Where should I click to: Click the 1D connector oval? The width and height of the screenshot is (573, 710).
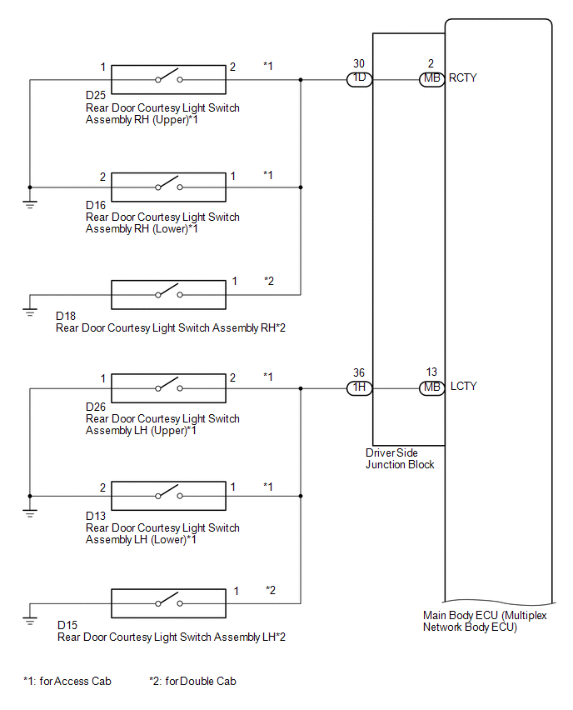pos(359,79)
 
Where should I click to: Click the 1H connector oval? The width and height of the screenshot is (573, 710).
pos(359,388)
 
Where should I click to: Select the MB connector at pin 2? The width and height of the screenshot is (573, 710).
pos(431,79)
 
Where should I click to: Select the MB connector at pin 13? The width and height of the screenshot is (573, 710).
pos(431,388)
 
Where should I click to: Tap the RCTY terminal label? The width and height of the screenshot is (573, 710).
pos(462,77)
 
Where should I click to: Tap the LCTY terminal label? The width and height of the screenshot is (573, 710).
pos(463,386)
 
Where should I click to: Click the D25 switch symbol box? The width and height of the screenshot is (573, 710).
pos(168,80)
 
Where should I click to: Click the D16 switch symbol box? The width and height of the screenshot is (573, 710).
pos(168,187)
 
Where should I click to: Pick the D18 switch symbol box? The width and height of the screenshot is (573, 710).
pos(168,295)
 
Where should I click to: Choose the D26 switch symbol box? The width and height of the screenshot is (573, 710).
pos(168,388)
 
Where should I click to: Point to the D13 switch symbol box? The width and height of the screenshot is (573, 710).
pos(168,496)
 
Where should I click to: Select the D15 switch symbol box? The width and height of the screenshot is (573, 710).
pos(168,603)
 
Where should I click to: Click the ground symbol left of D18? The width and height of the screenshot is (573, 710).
pos(30,312)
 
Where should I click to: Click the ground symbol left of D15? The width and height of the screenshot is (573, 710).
pos(30,620)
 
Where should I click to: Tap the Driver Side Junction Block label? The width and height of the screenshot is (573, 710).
pos(400,458)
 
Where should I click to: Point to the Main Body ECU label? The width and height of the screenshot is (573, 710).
pos(485,622)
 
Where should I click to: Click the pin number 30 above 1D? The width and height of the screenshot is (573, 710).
pos(359,64)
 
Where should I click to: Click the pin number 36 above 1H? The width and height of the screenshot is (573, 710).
pos(359,372)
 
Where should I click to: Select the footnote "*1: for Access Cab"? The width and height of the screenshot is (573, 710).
pos(67,681)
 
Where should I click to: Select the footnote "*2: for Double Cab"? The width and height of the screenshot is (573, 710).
pos(193,681)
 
